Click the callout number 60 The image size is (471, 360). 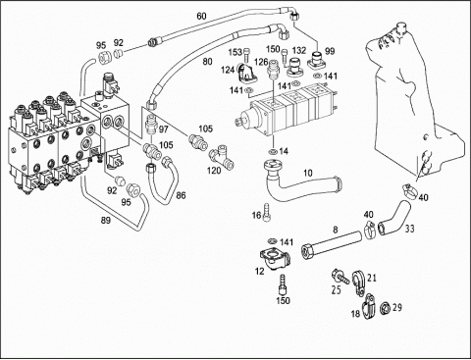coord(201,16)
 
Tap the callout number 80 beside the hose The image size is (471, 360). coord(207,61)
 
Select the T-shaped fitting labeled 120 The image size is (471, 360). coord(222,158)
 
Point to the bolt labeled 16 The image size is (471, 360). coord(267,212)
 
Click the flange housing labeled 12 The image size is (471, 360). coord(274,259)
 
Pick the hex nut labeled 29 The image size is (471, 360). coord(385,308)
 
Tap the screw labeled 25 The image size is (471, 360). coord(340,276)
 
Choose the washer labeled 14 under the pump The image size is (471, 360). coord(273,151)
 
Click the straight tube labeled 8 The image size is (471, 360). coord(332,243)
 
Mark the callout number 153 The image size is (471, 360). coord(235,52)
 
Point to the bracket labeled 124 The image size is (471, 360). coord(246,74)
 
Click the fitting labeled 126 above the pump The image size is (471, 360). coord(273,70)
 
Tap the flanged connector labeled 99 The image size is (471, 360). coord(317,61)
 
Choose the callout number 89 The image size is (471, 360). coord(106,221)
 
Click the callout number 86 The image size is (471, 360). coord(181,195)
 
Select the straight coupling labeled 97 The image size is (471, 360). coord(150,125)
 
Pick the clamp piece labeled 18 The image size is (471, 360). coord(369,307)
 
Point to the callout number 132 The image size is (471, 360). coord(299,50)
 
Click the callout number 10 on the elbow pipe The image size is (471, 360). coord(308,173)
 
